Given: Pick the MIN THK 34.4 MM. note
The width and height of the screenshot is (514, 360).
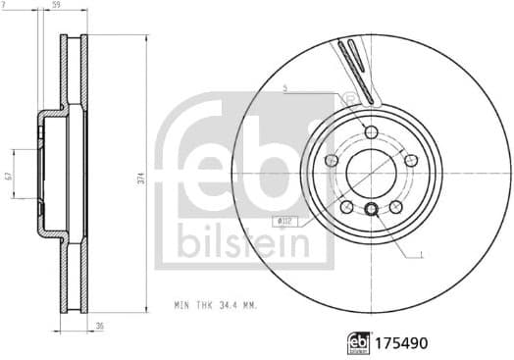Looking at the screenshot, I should (215, 307).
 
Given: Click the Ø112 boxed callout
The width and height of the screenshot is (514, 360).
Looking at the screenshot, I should (285, 222).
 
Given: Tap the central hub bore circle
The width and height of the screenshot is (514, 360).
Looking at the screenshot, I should (371, 173).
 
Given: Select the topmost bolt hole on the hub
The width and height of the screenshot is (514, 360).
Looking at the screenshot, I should (370, 132).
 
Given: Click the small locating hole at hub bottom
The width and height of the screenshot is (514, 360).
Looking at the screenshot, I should (372, 208).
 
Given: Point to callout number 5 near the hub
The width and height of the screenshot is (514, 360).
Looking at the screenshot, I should (284, 89).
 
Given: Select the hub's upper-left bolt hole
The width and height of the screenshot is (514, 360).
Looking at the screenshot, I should (332, 160).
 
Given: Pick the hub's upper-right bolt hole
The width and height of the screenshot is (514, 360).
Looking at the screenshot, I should (409, 160).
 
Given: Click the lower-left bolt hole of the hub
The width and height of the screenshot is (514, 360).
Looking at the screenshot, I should (346, 205).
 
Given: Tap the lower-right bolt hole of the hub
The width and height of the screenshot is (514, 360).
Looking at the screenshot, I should (394, 205).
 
